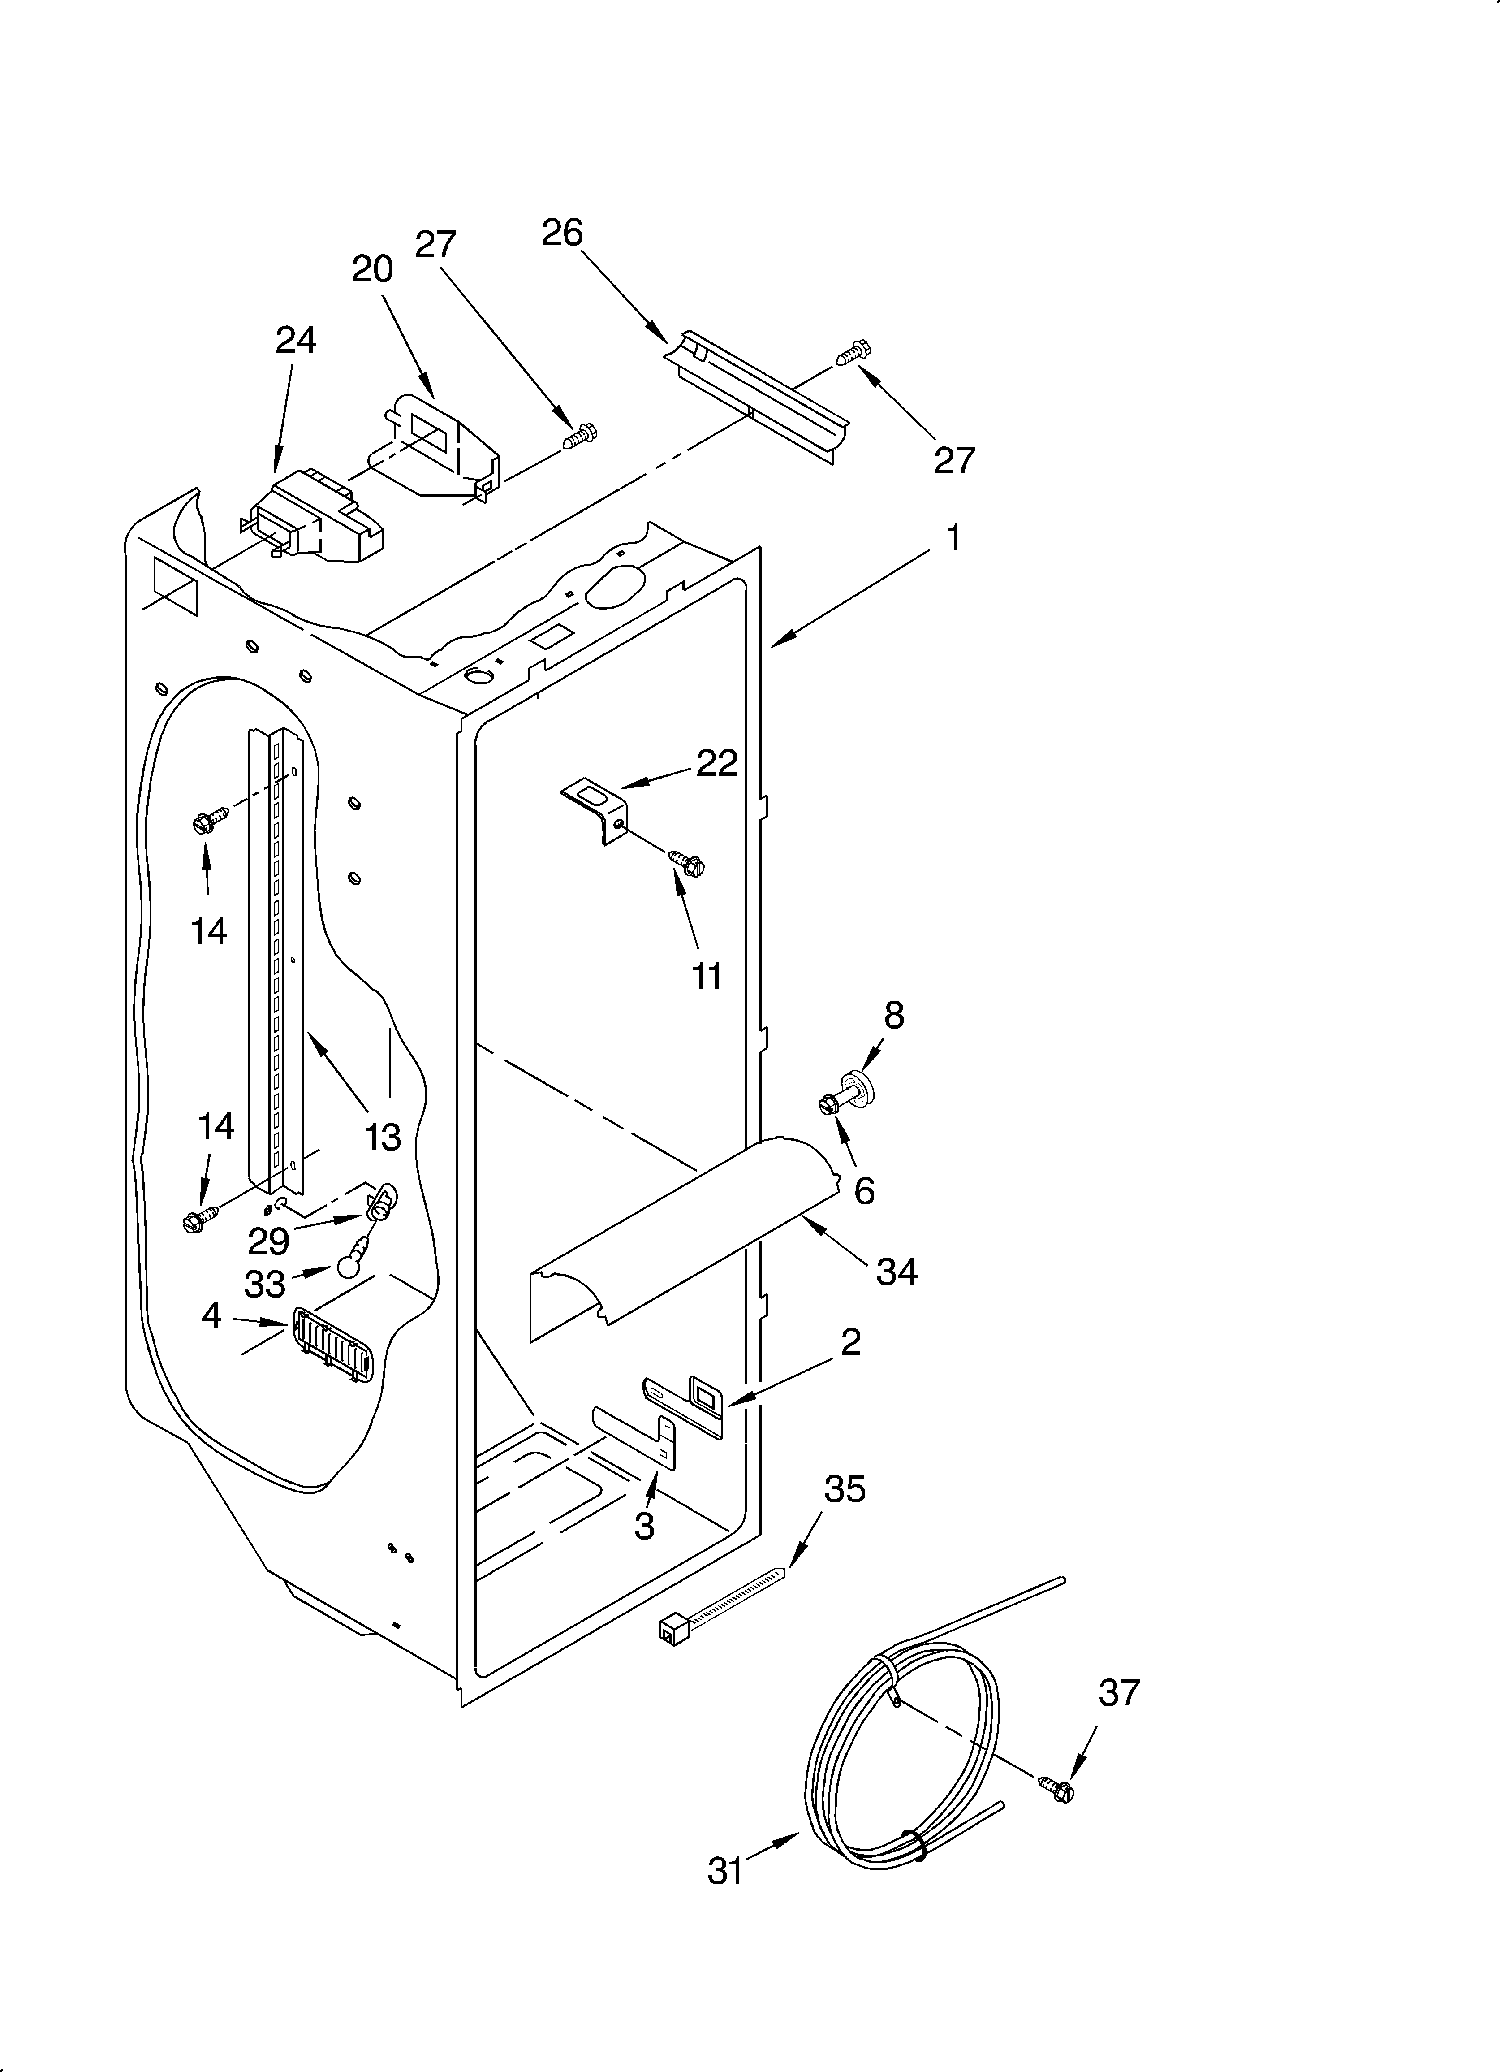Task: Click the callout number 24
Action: coord(296,340)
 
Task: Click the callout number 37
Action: coord(1119,1693)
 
